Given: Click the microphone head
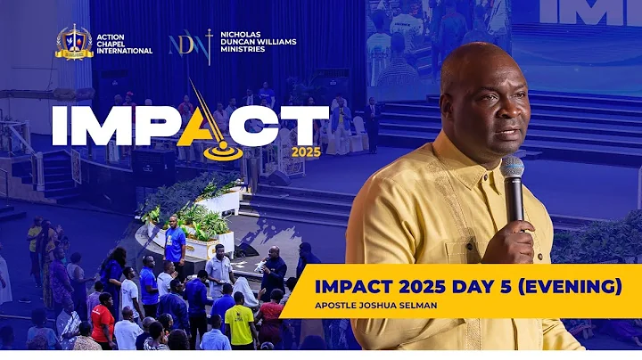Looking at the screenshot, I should (512, 169).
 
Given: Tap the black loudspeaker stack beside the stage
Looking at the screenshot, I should (154, 169).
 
